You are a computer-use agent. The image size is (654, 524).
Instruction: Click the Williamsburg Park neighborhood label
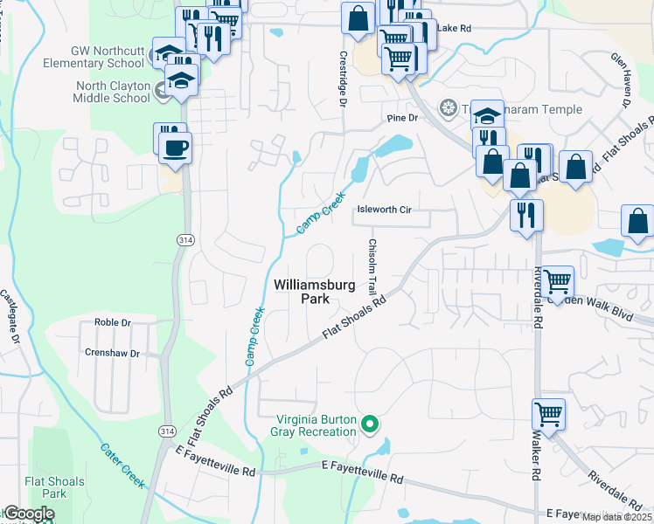point(303,291)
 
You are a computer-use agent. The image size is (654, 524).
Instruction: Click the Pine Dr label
point(398,118)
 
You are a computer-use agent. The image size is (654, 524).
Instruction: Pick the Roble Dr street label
point(113,322)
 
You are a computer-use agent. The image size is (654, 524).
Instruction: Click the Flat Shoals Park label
point(54,487)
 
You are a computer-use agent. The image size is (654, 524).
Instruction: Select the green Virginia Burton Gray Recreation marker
point(370,425)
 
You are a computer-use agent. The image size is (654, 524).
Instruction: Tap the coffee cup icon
point(176,146)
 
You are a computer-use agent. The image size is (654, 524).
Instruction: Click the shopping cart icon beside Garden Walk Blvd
point(557,281)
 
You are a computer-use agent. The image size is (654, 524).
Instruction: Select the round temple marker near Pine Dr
point(449,107)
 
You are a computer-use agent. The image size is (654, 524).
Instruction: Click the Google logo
point(28,514)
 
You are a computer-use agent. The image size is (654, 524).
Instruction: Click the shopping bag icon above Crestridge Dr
point(358,17)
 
